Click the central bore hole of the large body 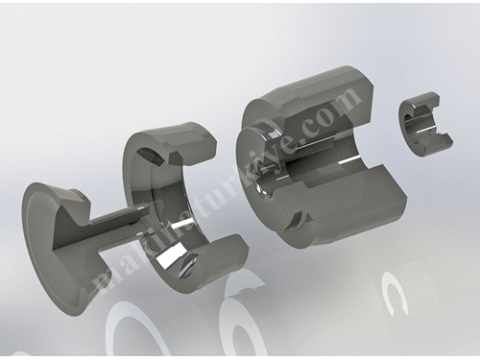point(263,189)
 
